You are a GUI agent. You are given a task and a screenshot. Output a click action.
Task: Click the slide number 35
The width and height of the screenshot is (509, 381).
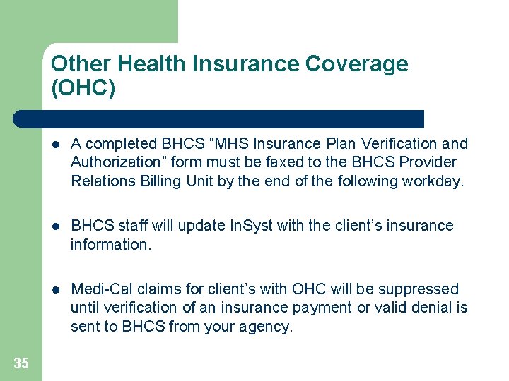(21, 363)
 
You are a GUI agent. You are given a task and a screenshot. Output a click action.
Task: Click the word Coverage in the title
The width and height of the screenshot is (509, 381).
(356, 64)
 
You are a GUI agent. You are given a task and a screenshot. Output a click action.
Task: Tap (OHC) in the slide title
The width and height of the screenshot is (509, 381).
(83, 89)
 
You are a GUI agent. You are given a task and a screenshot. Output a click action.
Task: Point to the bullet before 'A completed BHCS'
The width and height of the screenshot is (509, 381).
(57, 145)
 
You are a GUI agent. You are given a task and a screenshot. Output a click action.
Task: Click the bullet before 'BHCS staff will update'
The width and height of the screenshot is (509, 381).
(57, 226)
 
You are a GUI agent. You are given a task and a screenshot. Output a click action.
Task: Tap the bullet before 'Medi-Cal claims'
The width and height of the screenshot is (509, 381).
(57, 290)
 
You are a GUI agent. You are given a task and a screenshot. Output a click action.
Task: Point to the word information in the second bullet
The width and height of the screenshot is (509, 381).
(110, 245)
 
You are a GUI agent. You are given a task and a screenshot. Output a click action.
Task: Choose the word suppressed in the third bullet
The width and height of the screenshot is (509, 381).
(419, 289)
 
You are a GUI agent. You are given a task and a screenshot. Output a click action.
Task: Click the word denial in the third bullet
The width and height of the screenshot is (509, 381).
(431, 308)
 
